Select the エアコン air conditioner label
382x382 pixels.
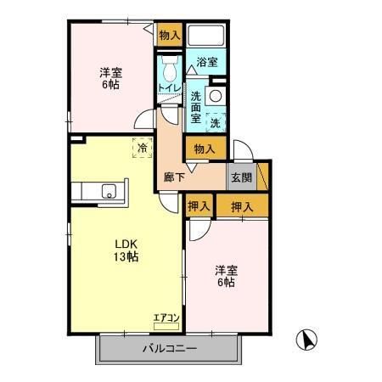166,318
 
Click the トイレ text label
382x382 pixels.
167,87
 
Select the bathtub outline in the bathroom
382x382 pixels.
205,37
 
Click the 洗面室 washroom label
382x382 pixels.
196,107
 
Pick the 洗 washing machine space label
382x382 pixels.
216,122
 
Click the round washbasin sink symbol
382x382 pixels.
216,96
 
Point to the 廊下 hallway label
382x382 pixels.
174,178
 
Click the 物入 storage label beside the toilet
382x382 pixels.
169,35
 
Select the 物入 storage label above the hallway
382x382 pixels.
203,149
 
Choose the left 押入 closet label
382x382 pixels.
199,205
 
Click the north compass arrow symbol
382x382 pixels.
306,340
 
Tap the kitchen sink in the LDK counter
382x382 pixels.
109,189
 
